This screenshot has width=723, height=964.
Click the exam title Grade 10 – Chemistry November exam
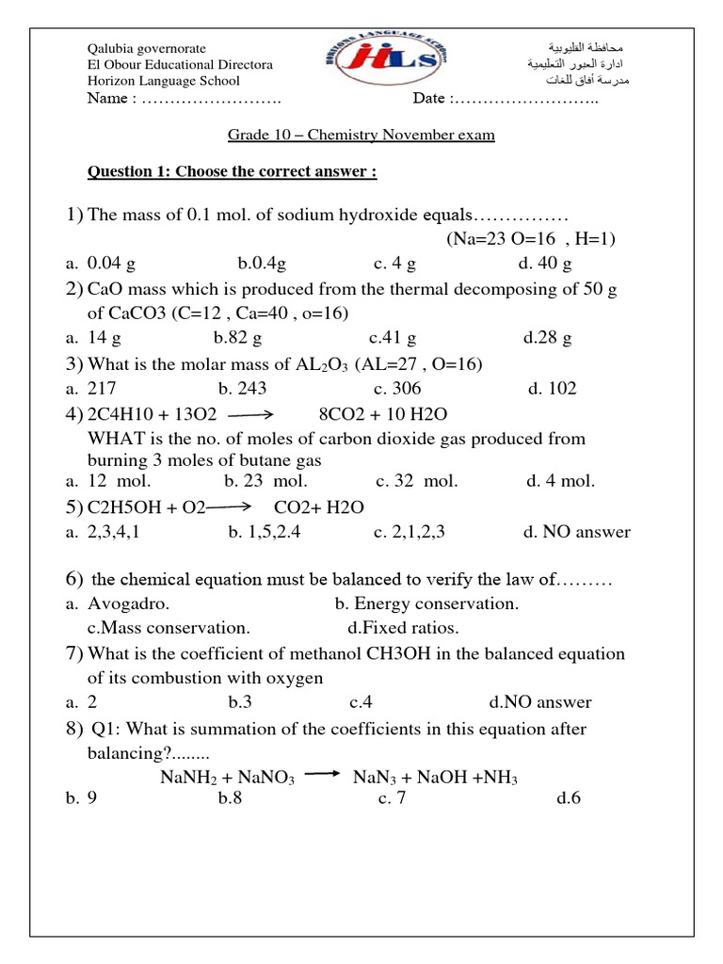(361, 135)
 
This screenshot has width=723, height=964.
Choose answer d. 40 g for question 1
(545, 263)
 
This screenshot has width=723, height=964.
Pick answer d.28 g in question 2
(547, 337)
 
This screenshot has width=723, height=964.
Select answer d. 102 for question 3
(552, 388)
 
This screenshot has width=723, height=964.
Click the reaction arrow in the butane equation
(249, 414)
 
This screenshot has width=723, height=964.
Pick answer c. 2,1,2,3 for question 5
(410, 532)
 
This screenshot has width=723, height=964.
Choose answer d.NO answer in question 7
(540, 701)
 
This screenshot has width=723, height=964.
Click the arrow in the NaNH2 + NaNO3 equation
(323, 774)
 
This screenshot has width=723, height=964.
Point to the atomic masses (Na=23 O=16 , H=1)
(531, 239)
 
